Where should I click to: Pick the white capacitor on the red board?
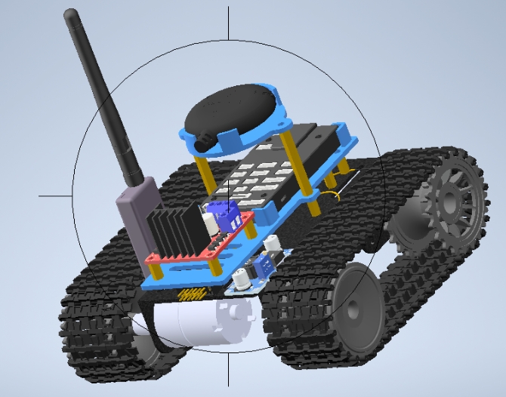pos(208,222)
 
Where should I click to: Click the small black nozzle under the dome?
pos(204,141)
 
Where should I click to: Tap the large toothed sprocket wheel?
pos(451,198)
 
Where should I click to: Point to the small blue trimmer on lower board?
pos(265,265)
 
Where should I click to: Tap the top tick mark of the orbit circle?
pos(229,23)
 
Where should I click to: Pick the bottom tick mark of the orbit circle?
pos(229,370)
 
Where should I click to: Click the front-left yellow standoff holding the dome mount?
pos(204,174)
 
